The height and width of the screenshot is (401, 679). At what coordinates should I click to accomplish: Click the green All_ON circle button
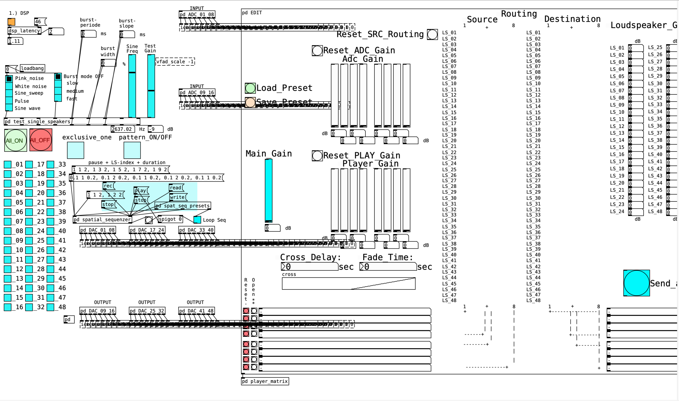click(x=16, y=140)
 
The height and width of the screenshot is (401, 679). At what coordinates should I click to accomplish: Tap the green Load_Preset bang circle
click(x=250, y=88)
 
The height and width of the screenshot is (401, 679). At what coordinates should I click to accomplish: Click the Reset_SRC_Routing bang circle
click(x=432, y=34)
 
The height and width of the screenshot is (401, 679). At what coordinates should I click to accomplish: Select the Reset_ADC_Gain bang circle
click(x=317, y=51)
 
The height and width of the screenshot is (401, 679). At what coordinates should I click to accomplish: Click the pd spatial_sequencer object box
click(x=102, y=220)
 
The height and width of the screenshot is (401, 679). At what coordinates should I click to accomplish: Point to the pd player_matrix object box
click(x=265, y=381)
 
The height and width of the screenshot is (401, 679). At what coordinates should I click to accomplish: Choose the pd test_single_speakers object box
click(x=37, y=122)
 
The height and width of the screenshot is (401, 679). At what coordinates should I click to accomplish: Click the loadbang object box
click(x=32, y=68)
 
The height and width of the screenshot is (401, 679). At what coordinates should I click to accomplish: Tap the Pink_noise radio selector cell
click(x=9, y=79)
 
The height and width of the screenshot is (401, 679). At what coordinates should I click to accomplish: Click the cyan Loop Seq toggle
click(x=197, y=220)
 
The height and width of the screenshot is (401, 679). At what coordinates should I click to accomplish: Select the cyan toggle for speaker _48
click(x=50, y=307)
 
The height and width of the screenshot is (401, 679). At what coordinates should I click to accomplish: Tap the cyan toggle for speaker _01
click(x=8, y=165)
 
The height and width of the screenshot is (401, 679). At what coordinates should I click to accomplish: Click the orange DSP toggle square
click(x=11, y=22)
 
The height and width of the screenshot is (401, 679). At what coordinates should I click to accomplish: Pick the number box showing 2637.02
click(x=122, y=129)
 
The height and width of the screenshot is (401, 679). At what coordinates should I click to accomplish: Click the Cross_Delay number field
click(x=309, y=267)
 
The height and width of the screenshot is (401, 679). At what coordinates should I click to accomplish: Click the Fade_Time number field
click(x=388, y=267)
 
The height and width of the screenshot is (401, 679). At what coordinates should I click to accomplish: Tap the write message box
click(x=177, y=197)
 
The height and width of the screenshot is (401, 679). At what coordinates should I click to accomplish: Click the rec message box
click(x=108, y=186)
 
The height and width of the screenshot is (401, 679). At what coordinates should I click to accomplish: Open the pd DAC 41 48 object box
click(x=196, y=311)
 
